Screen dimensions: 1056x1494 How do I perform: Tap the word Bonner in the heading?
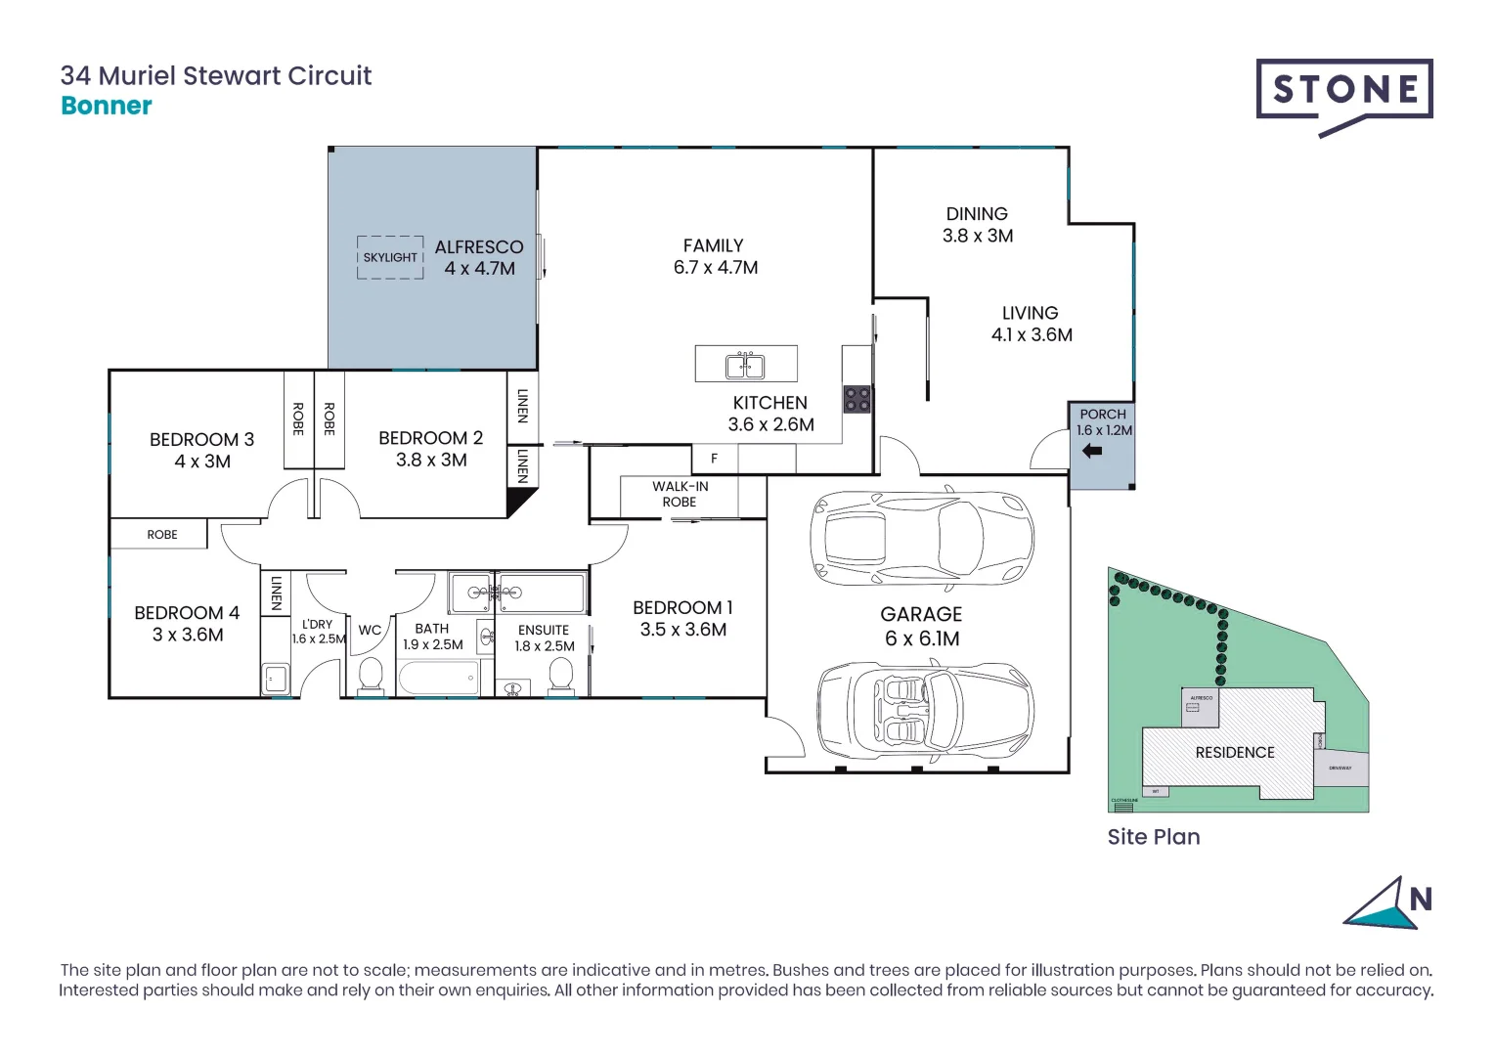(107, 106)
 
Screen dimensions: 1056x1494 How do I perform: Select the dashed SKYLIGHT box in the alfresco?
(390, 257)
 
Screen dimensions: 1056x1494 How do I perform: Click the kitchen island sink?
(745, 366)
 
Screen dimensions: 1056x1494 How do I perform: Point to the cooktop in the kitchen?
(857, 399)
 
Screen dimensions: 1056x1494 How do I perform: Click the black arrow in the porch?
(1092, 451)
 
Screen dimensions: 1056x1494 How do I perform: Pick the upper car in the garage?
(921, 537)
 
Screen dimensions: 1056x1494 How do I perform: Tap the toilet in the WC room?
(371, 675)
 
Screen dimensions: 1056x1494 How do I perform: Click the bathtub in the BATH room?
(438, 678)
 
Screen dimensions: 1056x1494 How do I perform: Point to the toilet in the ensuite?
(561, 675)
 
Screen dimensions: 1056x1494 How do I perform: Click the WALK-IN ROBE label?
(680, 494)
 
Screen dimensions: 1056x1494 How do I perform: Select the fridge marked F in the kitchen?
(714, 458)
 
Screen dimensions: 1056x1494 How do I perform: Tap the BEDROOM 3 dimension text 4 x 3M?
(202, 462)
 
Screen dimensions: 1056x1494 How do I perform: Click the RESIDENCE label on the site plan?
(1234, 752)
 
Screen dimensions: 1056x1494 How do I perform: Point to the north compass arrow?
(1381, 904)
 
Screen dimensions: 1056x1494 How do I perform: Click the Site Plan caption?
(1153, 837)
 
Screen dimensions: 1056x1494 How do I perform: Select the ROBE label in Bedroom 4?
(162, 535)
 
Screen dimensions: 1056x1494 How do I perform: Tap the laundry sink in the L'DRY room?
(275, 678)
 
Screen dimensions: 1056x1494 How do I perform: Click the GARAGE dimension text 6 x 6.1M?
(921, 638)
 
